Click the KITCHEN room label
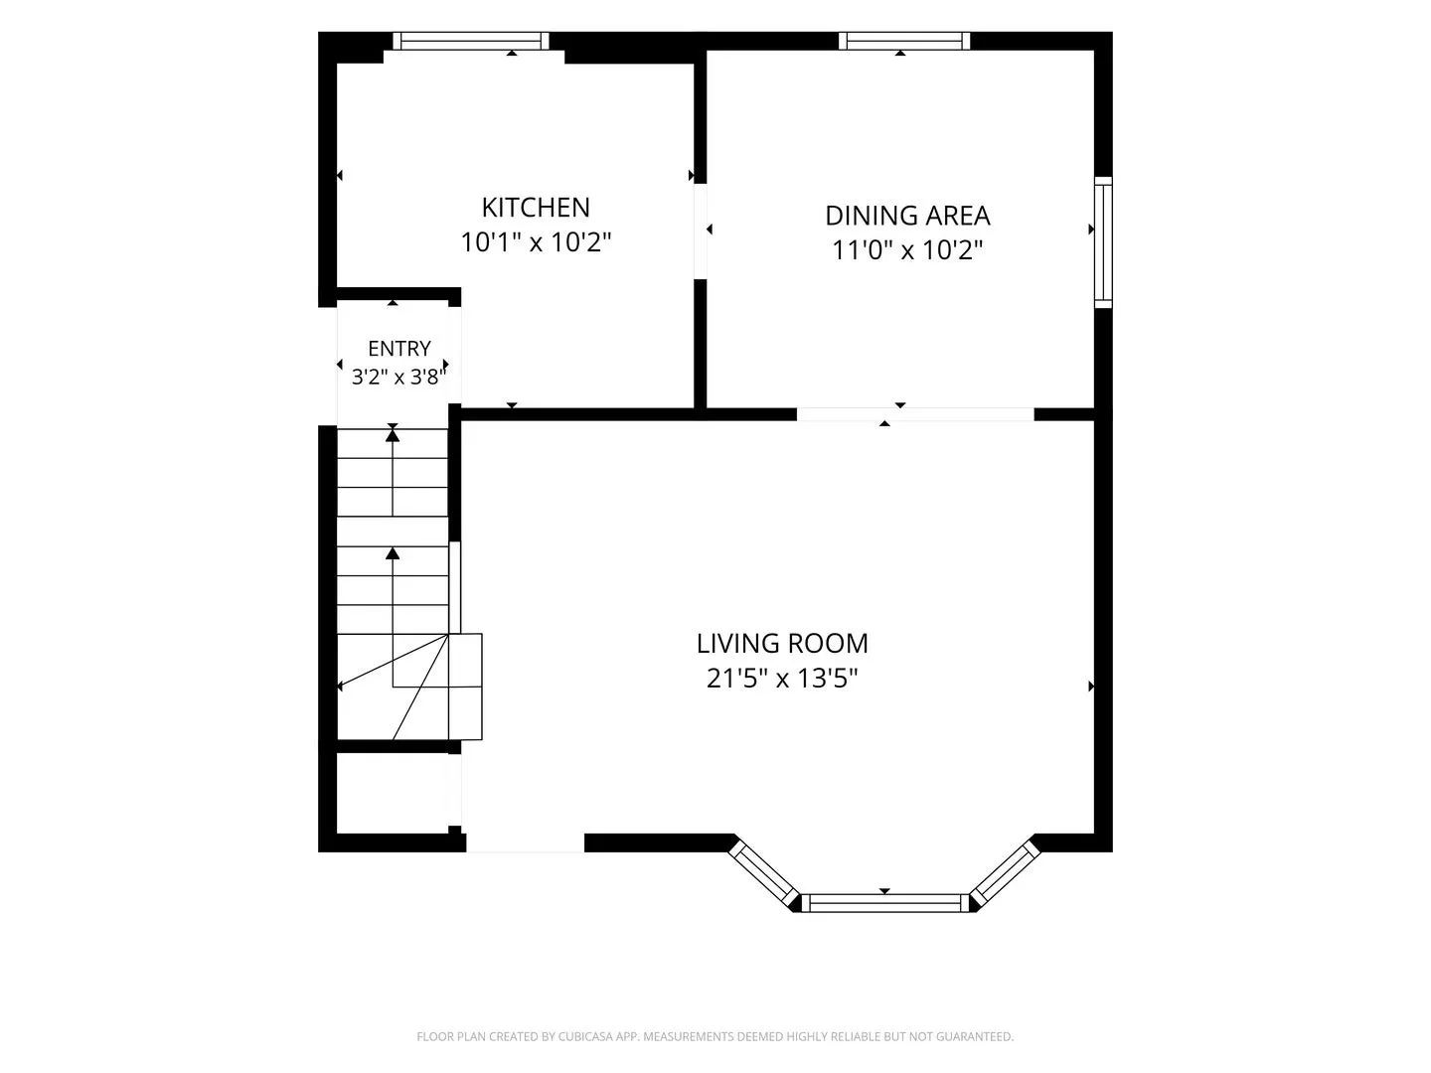536,208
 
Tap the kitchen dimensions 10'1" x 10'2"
536,242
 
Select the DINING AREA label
907,216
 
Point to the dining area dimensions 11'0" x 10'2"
907,250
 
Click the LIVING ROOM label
782,644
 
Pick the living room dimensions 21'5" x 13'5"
782,679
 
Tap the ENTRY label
398,349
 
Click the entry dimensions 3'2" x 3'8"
398,377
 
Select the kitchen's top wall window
471,41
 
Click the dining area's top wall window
904,41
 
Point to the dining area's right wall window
1103,241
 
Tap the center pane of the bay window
884,903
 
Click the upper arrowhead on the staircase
393,435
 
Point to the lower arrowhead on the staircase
393,553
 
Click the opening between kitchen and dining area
701,231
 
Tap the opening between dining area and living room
915,414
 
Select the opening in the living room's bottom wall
525,843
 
